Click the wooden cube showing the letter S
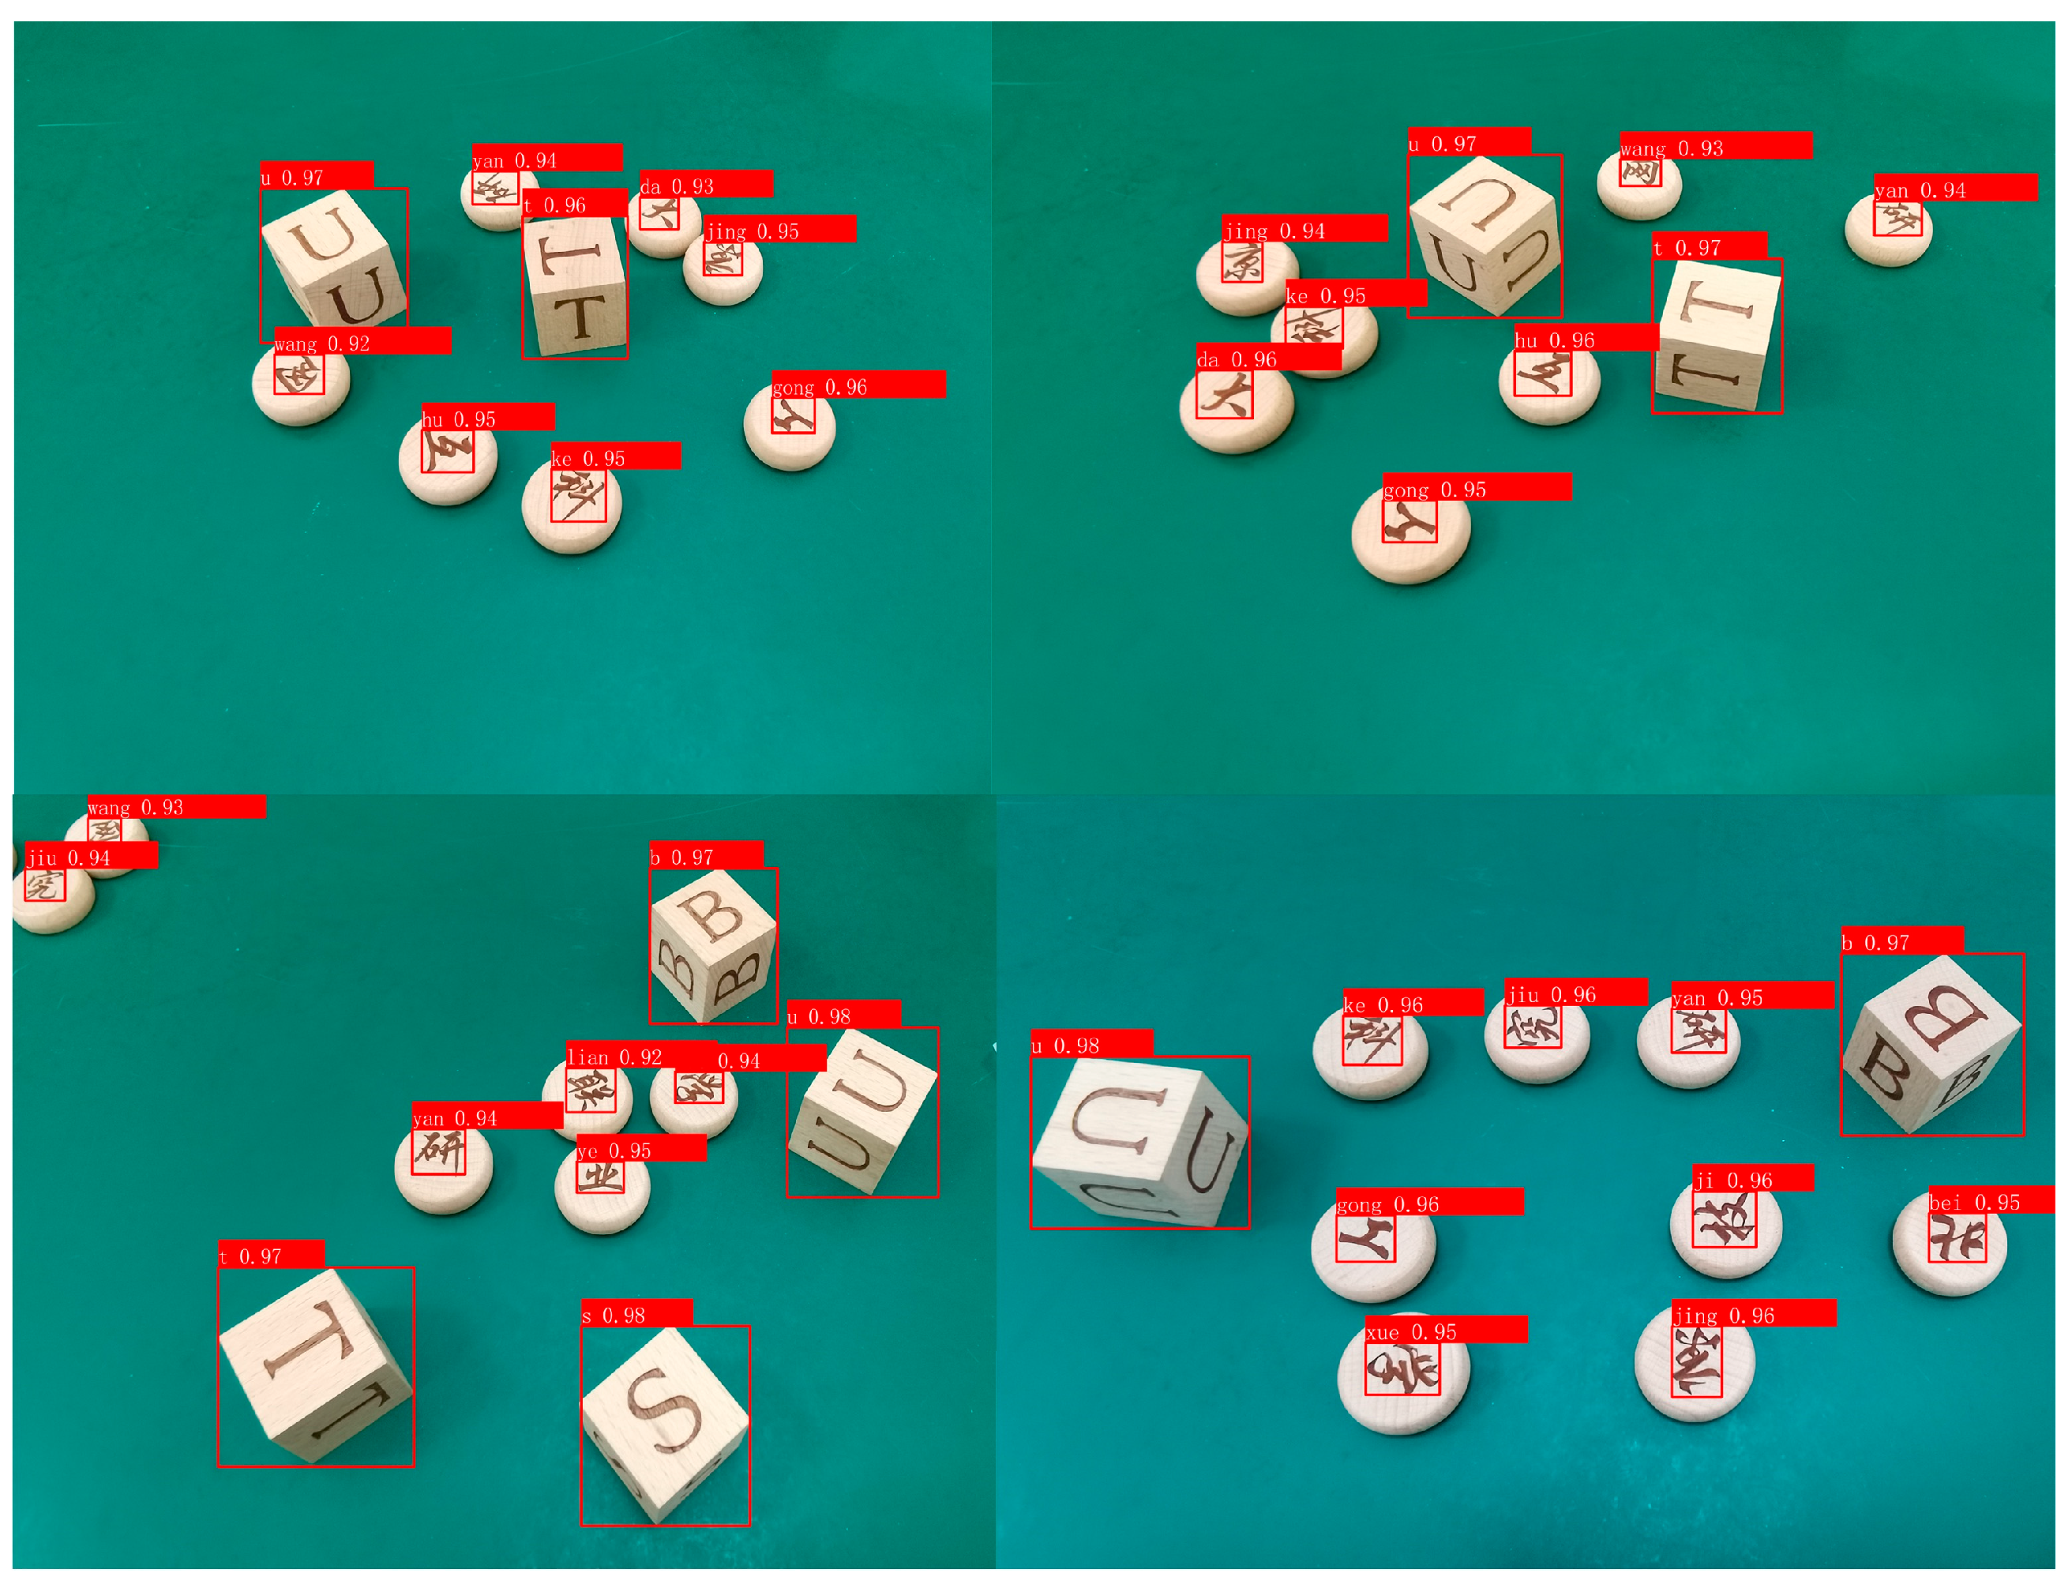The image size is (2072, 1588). point(665,1424)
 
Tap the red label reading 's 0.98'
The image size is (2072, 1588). point(636,1313)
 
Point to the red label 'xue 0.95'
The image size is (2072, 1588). point(1445,1330)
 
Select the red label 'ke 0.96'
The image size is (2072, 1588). point(1412,1003)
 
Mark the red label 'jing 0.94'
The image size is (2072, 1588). point(1304,230)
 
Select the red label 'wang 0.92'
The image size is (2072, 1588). point(361,341)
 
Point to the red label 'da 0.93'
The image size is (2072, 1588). point(705,184)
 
